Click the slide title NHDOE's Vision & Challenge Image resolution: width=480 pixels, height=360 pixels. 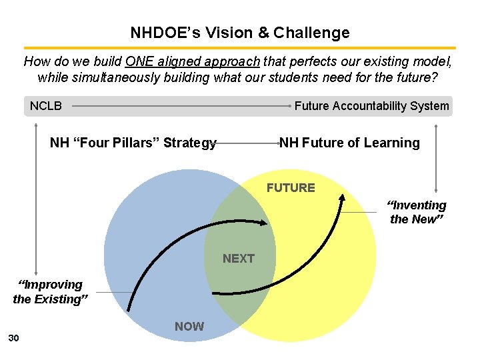(x=239, y=33)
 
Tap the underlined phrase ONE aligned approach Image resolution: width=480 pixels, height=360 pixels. (x=192, y=62)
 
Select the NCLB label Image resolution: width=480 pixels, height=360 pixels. (x=46, y=106)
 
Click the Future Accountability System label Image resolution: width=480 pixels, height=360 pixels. (x=371, y=106)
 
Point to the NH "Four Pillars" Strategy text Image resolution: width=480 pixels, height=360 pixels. (x=133, y=143)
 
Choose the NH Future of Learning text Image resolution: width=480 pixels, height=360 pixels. (x=349, y=143)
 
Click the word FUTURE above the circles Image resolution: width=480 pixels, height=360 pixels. (x=291, y=188)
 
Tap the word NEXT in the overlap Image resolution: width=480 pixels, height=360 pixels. (x=239, y=259)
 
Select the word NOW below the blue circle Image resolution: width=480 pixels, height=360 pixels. (x=189, y=327)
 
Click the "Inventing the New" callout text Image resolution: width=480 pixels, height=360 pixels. (x=417, y=212)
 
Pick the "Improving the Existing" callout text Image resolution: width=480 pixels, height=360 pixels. (x=50, y=292)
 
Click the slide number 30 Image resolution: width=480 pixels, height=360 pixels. (x=13, y=339)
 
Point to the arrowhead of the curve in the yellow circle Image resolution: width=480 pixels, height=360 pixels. (x=342, y=197)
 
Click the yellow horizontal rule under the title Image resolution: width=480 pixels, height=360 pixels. (x=239, y=48)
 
